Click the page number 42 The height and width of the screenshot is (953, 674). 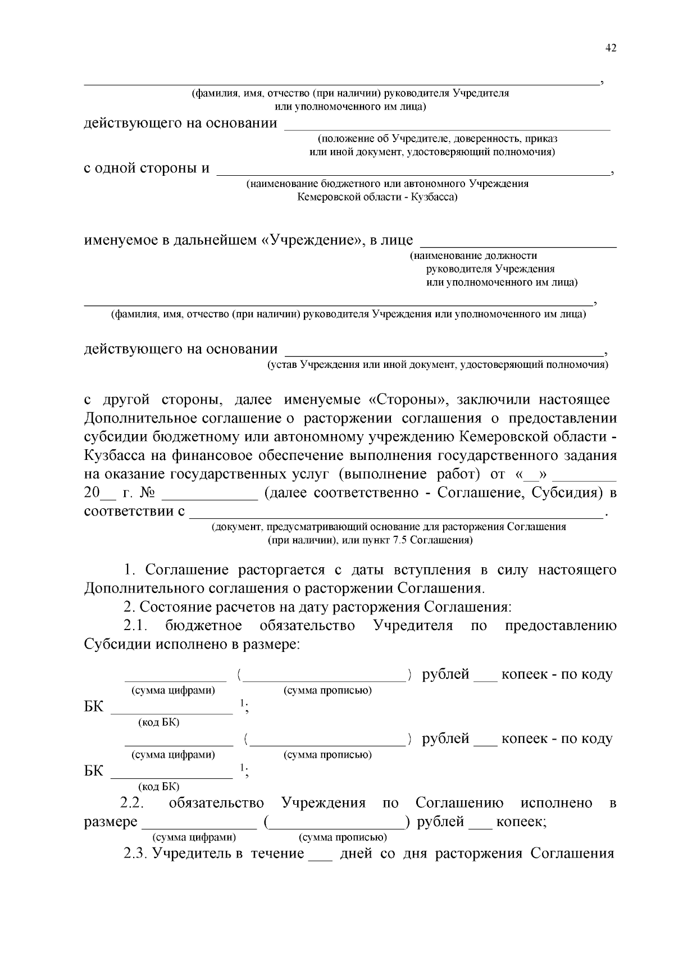tap(611, 48)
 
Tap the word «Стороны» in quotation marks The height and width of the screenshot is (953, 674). tap(408, 400)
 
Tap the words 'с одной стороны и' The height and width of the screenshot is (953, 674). tap(147, 168)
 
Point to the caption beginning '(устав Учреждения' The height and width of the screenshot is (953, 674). tap(438, 365)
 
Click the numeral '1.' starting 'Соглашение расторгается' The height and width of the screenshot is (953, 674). tap(130, 570)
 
